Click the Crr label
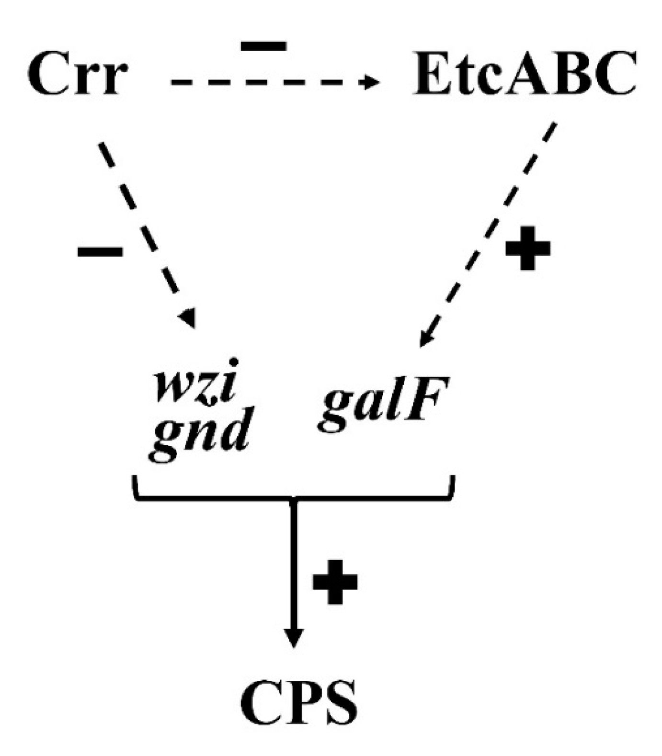click(x=78, y=76)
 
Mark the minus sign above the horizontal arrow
click(x=264, y=46)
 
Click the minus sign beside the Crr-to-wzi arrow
click(x=100, y=251)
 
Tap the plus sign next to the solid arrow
click(x=335, y=581)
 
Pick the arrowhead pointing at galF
click(x=425, y=339)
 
